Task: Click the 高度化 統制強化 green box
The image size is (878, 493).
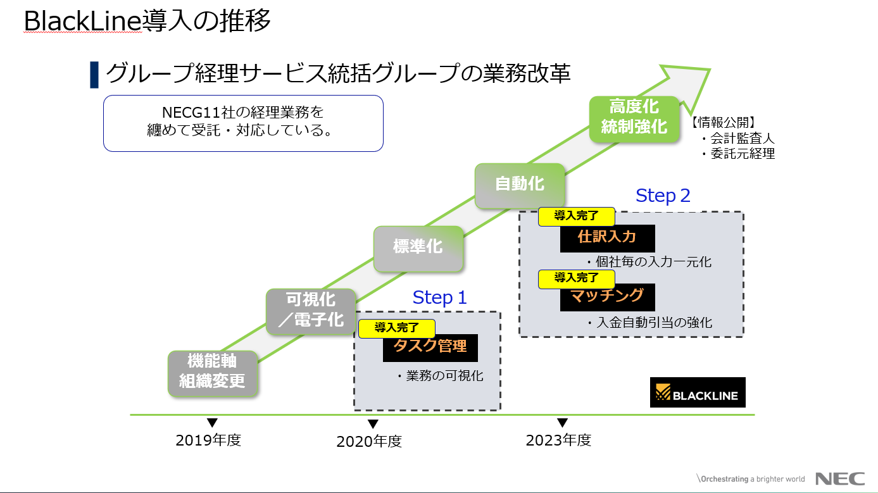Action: click(x=634, y=117)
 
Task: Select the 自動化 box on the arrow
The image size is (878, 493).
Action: click(x=520, y=184)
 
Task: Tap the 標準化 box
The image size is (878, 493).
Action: click(x=418, y=247)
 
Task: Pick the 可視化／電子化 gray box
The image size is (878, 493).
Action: click(x=310, y=309)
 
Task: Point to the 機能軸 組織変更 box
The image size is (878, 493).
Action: click(x=212, y=371)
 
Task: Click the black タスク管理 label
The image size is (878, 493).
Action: click(x=430, y=347)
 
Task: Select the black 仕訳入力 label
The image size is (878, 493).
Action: click(x=607, y=237)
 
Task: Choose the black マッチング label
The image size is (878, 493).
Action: click(x=607, y=296)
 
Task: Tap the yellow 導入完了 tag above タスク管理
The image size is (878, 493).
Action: click(x=397, y=328)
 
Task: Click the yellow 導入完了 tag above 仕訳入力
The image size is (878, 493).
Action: click(x=576, y=216)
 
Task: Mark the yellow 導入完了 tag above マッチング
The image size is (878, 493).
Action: click(x=576, y=277)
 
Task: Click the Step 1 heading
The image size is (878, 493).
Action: click(x=439, y=297)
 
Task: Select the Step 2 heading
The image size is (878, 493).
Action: click(x=663, y=196)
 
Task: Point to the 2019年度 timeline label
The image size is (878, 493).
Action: click(x=208, y=440)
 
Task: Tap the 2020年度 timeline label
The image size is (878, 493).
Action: click(x=369, y=442)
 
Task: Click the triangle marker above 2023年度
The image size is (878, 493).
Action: click(x=562, y=423)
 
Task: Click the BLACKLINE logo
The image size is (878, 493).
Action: click(x=698, y=392)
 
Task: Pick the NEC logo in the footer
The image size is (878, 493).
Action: click(x=839, y=478)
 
